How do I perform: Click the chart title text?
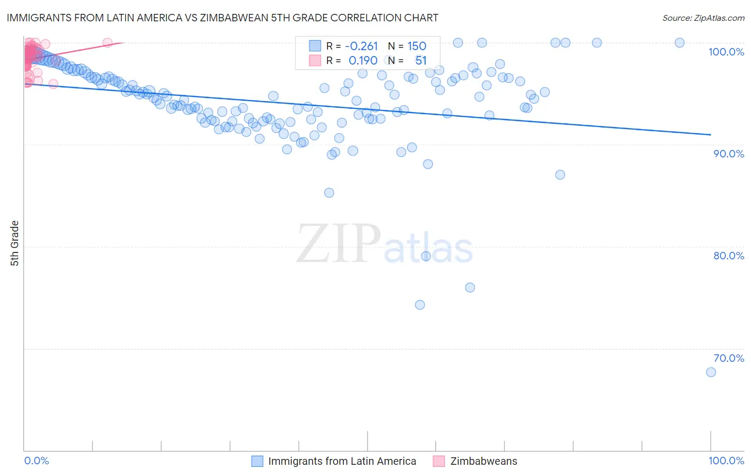pos(222,18)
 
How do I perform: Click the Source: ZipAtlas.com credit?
pos(703,18)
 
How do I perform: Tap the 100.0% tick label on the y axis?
pos(726,52)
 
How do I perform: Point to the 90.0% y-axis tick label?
pos(729,154)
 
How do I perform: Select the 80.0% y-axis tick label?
pos(729,256)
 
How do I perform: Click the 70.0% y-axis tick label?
pos(729,358)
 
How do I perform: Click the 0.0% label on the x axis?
pos(36,461)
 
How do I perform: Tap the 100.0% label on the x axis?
pos(726,461)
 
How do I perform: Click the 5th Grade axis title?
pos(14,243)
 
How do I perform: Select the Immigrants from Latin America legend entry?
pos(334,461)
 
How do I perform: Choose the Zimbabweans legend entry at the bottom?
pos(475,461)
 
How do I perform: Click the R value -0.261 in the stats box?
pos(362,46)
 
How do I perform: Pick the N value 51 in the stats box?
pos(421,60)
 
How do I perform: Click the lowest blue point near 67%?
pos(711,372)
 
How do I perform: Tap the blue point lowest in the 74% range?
pos(420,305)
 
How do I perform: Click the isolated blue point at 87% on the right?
pos(560,174)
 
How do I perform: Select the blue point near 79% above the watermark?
pos(426,256)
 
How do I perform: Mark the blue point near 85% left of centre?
pos(329,193)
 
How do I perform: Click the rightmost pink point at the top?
pos(107,43)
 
